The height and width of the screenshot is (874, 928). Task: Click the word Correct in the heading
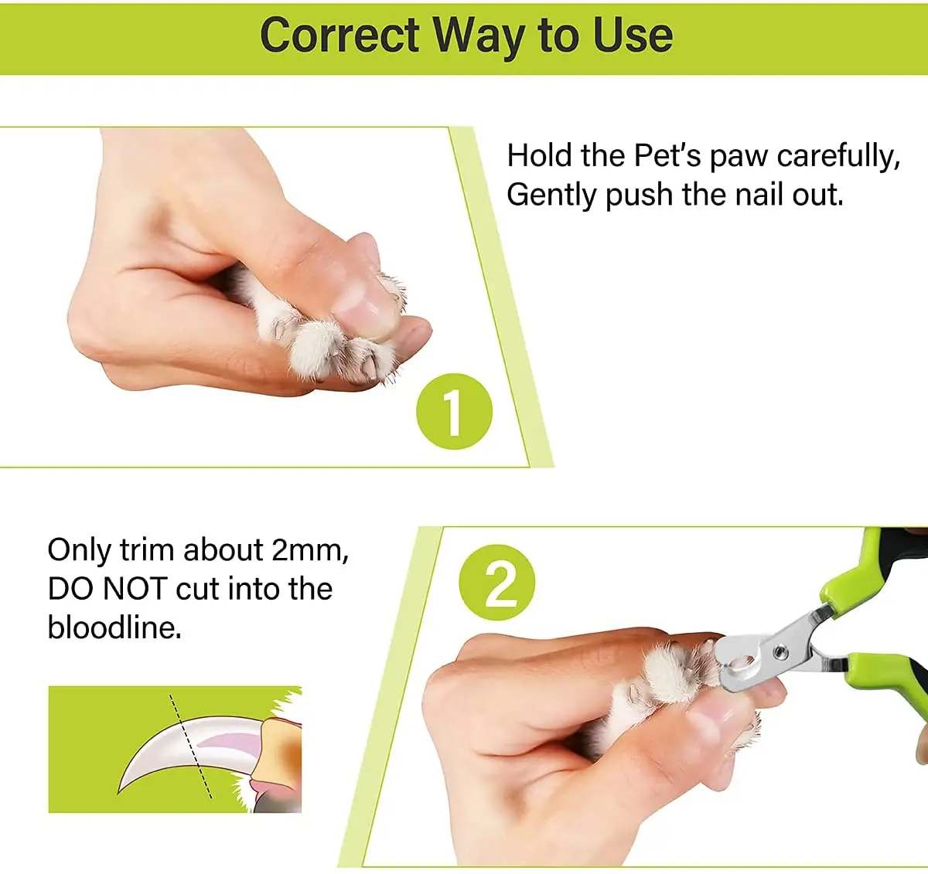point(339,36)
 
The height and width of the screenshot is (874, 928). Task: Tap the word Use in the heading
point(633,36)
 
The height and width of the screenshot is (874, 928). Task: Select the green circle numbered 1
point(454,411)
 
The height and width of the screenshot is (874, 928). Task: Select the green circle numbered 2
point(497,583)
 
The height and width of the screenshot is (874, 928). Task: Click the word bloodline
point(114,627)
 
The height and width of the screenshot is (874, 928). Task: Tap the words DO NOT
point(107,589)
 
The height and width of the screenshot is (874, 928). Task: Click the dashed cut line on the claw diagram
point(190,746)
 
